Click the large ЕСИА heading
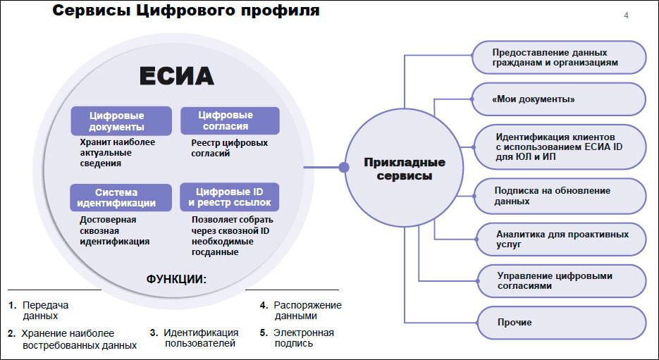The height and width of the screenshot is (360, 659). point(176,76)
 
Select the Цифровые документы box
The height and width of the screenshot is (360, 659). point(121,121)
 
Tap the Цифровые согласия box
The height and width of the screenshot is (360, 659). point(230,120)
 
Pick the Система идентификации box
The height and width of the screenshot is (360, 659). point(121,197)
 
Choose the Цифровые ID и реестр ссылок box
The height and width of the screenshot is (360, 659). point(230,197)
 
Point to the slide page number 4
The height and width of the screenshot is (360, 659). point(626,15)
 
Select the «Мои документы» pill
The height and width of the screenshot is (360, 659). point(558,99)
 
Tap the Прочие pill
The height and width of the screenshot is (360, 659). point(562,323)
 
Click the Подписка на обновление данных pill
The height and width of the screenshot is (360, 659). point(560,196)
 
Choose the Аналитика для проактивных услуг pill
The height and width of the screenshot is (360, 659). point(561,240)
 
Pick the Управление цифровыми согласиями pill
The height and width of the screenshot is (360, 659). point(562,281)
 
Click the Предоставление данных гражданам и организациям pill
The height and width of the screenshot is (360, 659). point(558,58)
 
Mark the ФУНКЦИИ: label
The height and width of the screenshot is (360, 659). point(176,280)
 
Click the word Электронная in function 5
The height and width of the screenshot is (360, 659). point(304,333)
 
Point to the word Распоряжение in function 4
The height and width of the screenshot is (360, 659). point(307,305)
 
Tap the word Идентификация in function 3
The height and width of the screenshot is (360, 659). point(201,333)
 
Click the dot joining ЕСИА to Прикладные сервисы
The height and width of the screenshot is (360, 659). point(344,168)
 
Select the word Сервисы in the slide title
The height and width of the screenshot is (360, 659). point(91,11)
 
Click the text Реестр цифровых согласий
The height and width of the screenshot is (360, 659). point(230,148)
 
